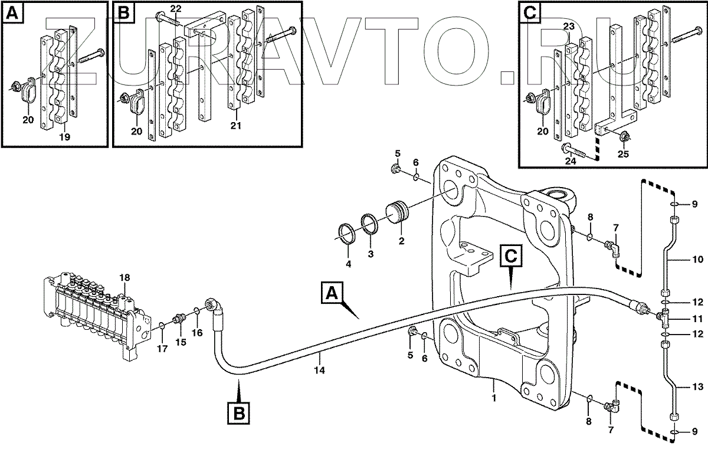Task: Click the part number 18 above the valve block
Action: [x=124, y=277]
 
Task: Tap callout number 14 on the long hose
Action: [x=319, y=371]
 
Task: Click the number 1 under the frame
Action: [x=494, y=398]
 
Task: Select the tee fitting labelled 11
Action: [x=664, y=319]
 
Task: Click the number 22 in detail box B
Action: [x=176, y=8]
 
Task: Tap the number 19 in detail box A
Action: [x=65, y=136]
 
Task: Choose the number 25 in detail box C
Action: [x=623, y=155]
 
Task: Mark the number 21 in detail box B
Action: [x=236, y=126]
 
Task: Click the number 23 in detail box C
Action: [x=568, y=27]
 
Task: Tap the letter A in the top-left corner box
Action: [x=13, y=12]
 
